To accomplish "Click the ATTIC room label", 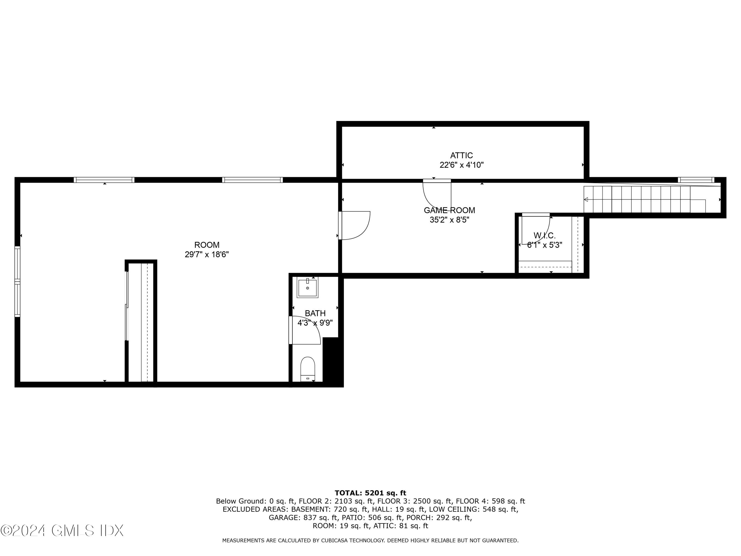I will (461, 155).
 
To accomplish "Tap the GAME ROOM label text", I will (449, 210).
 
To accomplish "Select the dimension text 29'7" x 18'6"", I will (207, 254).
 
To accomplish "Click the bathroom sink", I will (308, 288).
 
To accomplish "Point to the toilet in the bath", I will (308, 369).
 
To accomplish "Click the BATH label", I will (315, 313).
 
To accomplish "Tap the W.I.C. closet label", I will (544, 235).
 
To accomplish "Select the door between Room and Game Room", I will (353, 225).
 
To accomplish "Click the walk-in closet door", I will (535, 228).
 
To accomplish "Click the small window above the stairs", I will (696, 180).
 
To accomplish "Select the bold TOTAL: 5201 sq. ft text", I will (370, 493).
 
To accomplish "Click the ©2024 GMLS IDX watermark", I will (62, 530).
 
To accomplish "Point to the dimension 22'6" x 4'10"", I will (461, 165).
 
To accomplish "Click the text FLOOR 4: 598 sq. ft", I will (490, 501).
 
